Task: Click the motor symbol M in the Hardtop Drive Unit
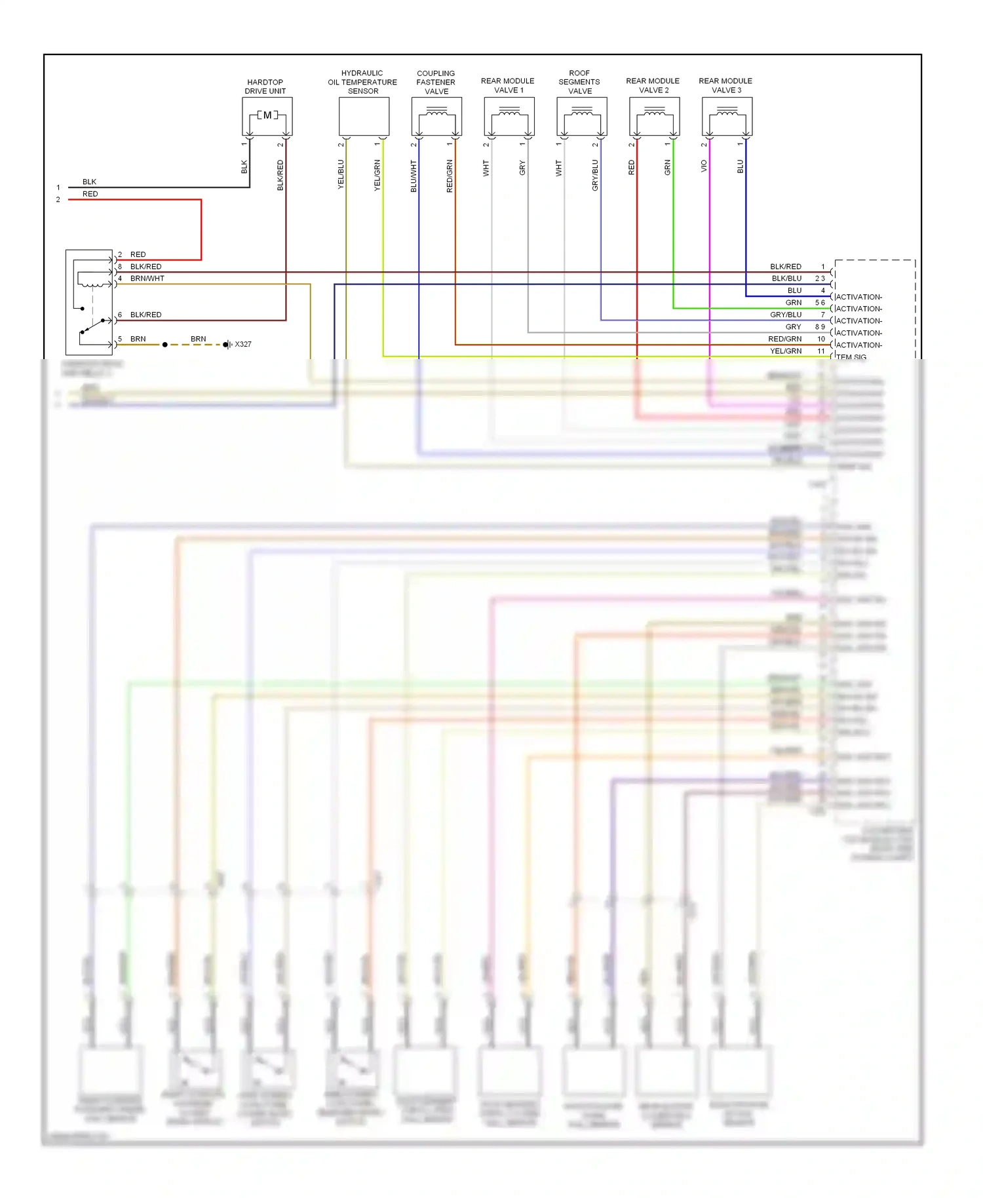point(267,115)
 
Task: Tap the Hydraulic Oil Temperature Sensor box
point(364,116)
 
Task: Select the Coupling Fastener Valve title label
point(436,83)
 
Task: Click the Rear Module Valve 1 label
point(508,86)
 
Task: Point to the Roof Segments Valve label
point(579,83)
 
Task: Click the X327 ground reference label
point(243,344)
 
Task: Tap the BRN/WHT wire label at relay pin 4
point(147,279)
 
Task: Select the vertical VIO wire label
point(704,166)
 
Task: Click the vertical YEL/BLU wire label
point(341,174)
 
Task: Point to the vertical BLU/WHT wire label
point(414,176)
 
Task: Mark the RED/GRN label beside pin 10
point(784,339)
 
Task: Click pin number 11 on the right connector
point(821,351)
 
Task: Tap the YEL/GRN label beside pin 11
point(786,351)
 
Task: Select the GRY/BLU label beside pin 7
point(786,315)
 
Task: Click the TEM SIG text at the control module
point(851,357)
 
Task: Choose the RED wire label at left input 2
point(90,194)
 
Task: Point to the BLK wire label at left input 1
point(90,182)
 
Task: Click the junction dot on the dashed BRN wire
point(165,345)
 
